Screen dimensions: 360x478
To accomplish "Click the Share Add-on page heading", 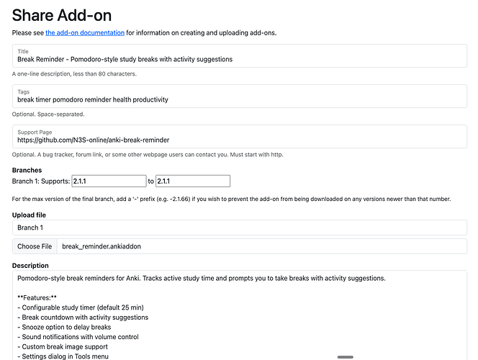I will (x=62, y=15).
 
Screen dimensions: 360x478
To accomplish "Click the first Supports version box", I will (x=108, y=181).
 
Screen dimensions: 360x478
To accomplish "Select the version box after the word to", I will (x=192, y=181).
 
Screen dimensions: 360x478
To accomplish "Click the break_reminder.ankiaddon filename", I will (x=101, y=246).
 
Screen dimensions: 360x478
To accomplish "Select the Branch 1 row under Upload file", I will (x=239, y=227).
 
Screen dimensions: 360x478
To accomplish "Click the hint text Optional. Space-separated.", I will (x=49, y=114).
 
